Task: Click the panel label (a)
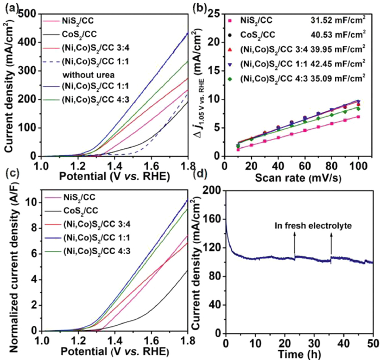(x=10, y=7)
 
